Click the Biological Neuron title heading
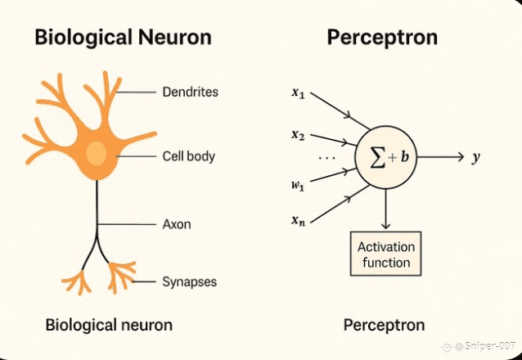(x=122, y=38)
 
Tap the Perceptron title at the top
(x=381, y=38)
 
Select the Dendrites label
(x=191, y=92)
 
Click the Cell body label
(x=189, y=155)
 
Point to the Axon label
(x=177, y=223)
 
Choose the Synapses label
(x=190, y=281)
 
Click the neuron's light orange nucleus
(x=97, y=154)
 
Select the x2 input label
(x=298, y=134)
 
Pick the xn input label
(x=298, y=218)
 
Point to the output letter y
(x=475, y=156)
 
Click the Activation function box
(x=385, y=254)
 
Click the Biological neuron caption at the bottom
(x=109, y=325)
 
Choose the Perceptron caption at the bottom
(x=384, y=325)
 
